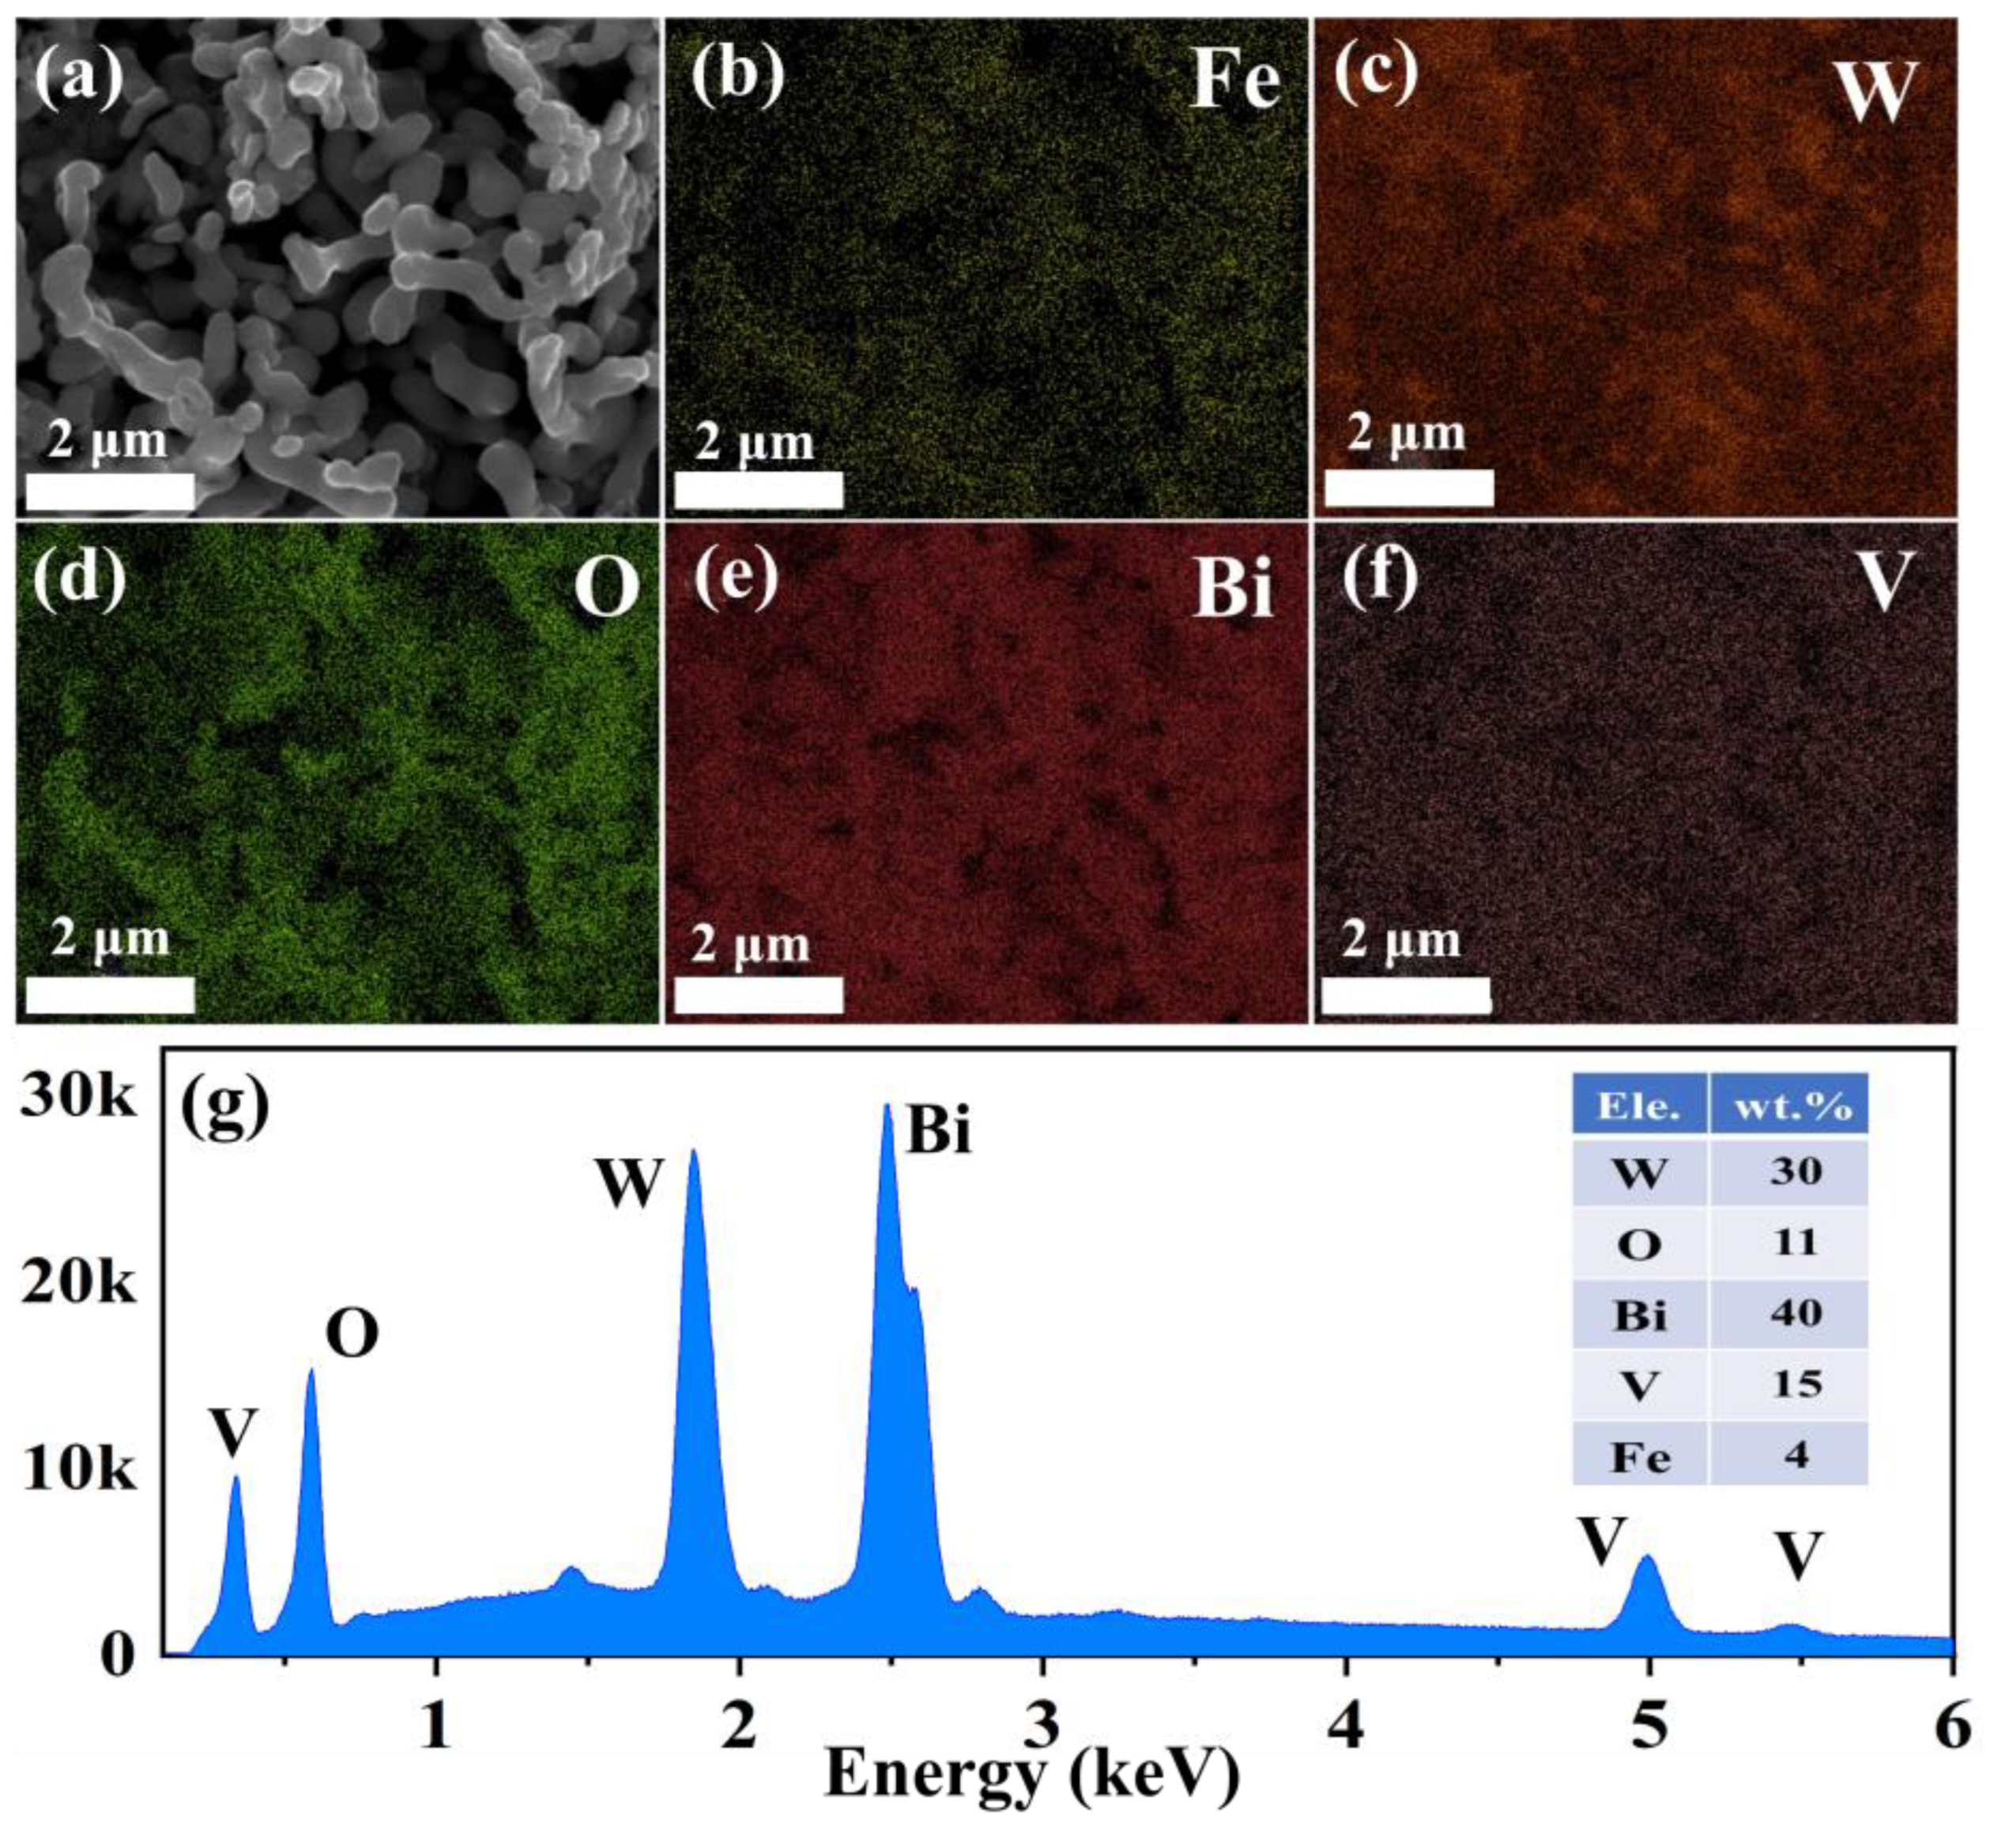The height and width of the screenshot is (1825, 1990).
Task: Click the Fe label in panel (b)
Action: tap(1234, 81)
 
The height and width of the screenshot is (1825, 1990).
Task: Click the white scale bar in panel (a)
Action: tap(110, 492)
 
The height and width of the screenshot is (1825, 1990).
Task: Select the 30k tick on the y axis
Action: tap(77, 1098)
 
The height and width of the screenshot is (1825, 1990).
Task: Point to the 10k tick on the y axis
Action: tap(77, 1469)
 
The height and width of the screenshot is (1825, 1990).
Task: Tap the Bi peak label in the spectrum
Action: tap(938, 1131)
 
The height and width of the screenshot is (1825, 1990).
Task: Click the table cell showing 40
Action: tap(1795, 1314)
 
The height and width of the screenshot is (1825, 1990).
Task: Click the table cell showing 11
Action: tap(1795, 1242)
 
